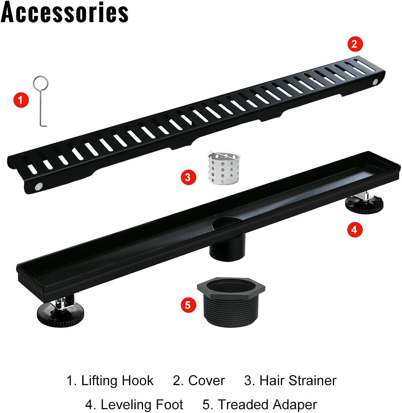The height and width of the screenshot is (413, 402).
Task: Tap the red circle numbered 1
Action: tap(21, 99)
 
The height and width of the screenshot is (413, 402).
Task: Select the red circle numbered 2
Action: tap(355, 44)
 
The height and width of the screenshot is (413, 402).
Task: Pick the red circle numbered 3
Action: tap(188, 177)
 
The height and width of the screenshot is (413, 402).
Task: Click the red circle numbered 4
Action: tap(354, 230)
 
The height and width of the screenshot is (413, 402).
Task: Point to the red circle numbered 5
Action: tap(188, 305)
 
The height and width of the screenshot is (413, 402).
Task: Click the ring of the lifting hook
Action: tap(41, 83)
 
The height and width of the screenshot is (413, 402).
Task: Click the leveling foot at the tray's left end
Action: tap(60, 312)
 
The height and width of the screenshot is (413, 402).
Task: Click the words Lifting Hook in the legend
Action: tap(117, 381)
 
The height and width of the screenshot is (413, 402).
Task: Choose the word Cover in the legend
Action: tap(206, 381)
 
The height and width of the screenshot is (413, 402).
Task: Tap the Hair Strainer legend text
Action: tap(297, 381)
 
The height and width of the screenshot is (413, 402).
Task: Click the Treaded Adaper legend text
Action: tap(267, 405)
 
